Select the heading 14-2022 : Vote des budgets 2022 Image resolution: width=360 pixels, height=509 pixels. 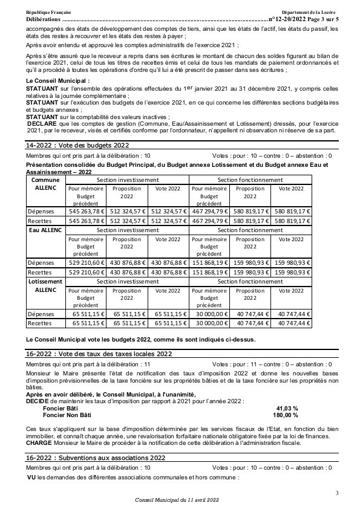(x=77, y=146)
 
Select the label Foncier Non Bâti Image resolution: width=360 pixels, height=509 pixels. (x=67, y=415)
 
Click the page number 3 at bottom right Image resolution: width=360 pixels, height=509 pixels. (x=337, y=493)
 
